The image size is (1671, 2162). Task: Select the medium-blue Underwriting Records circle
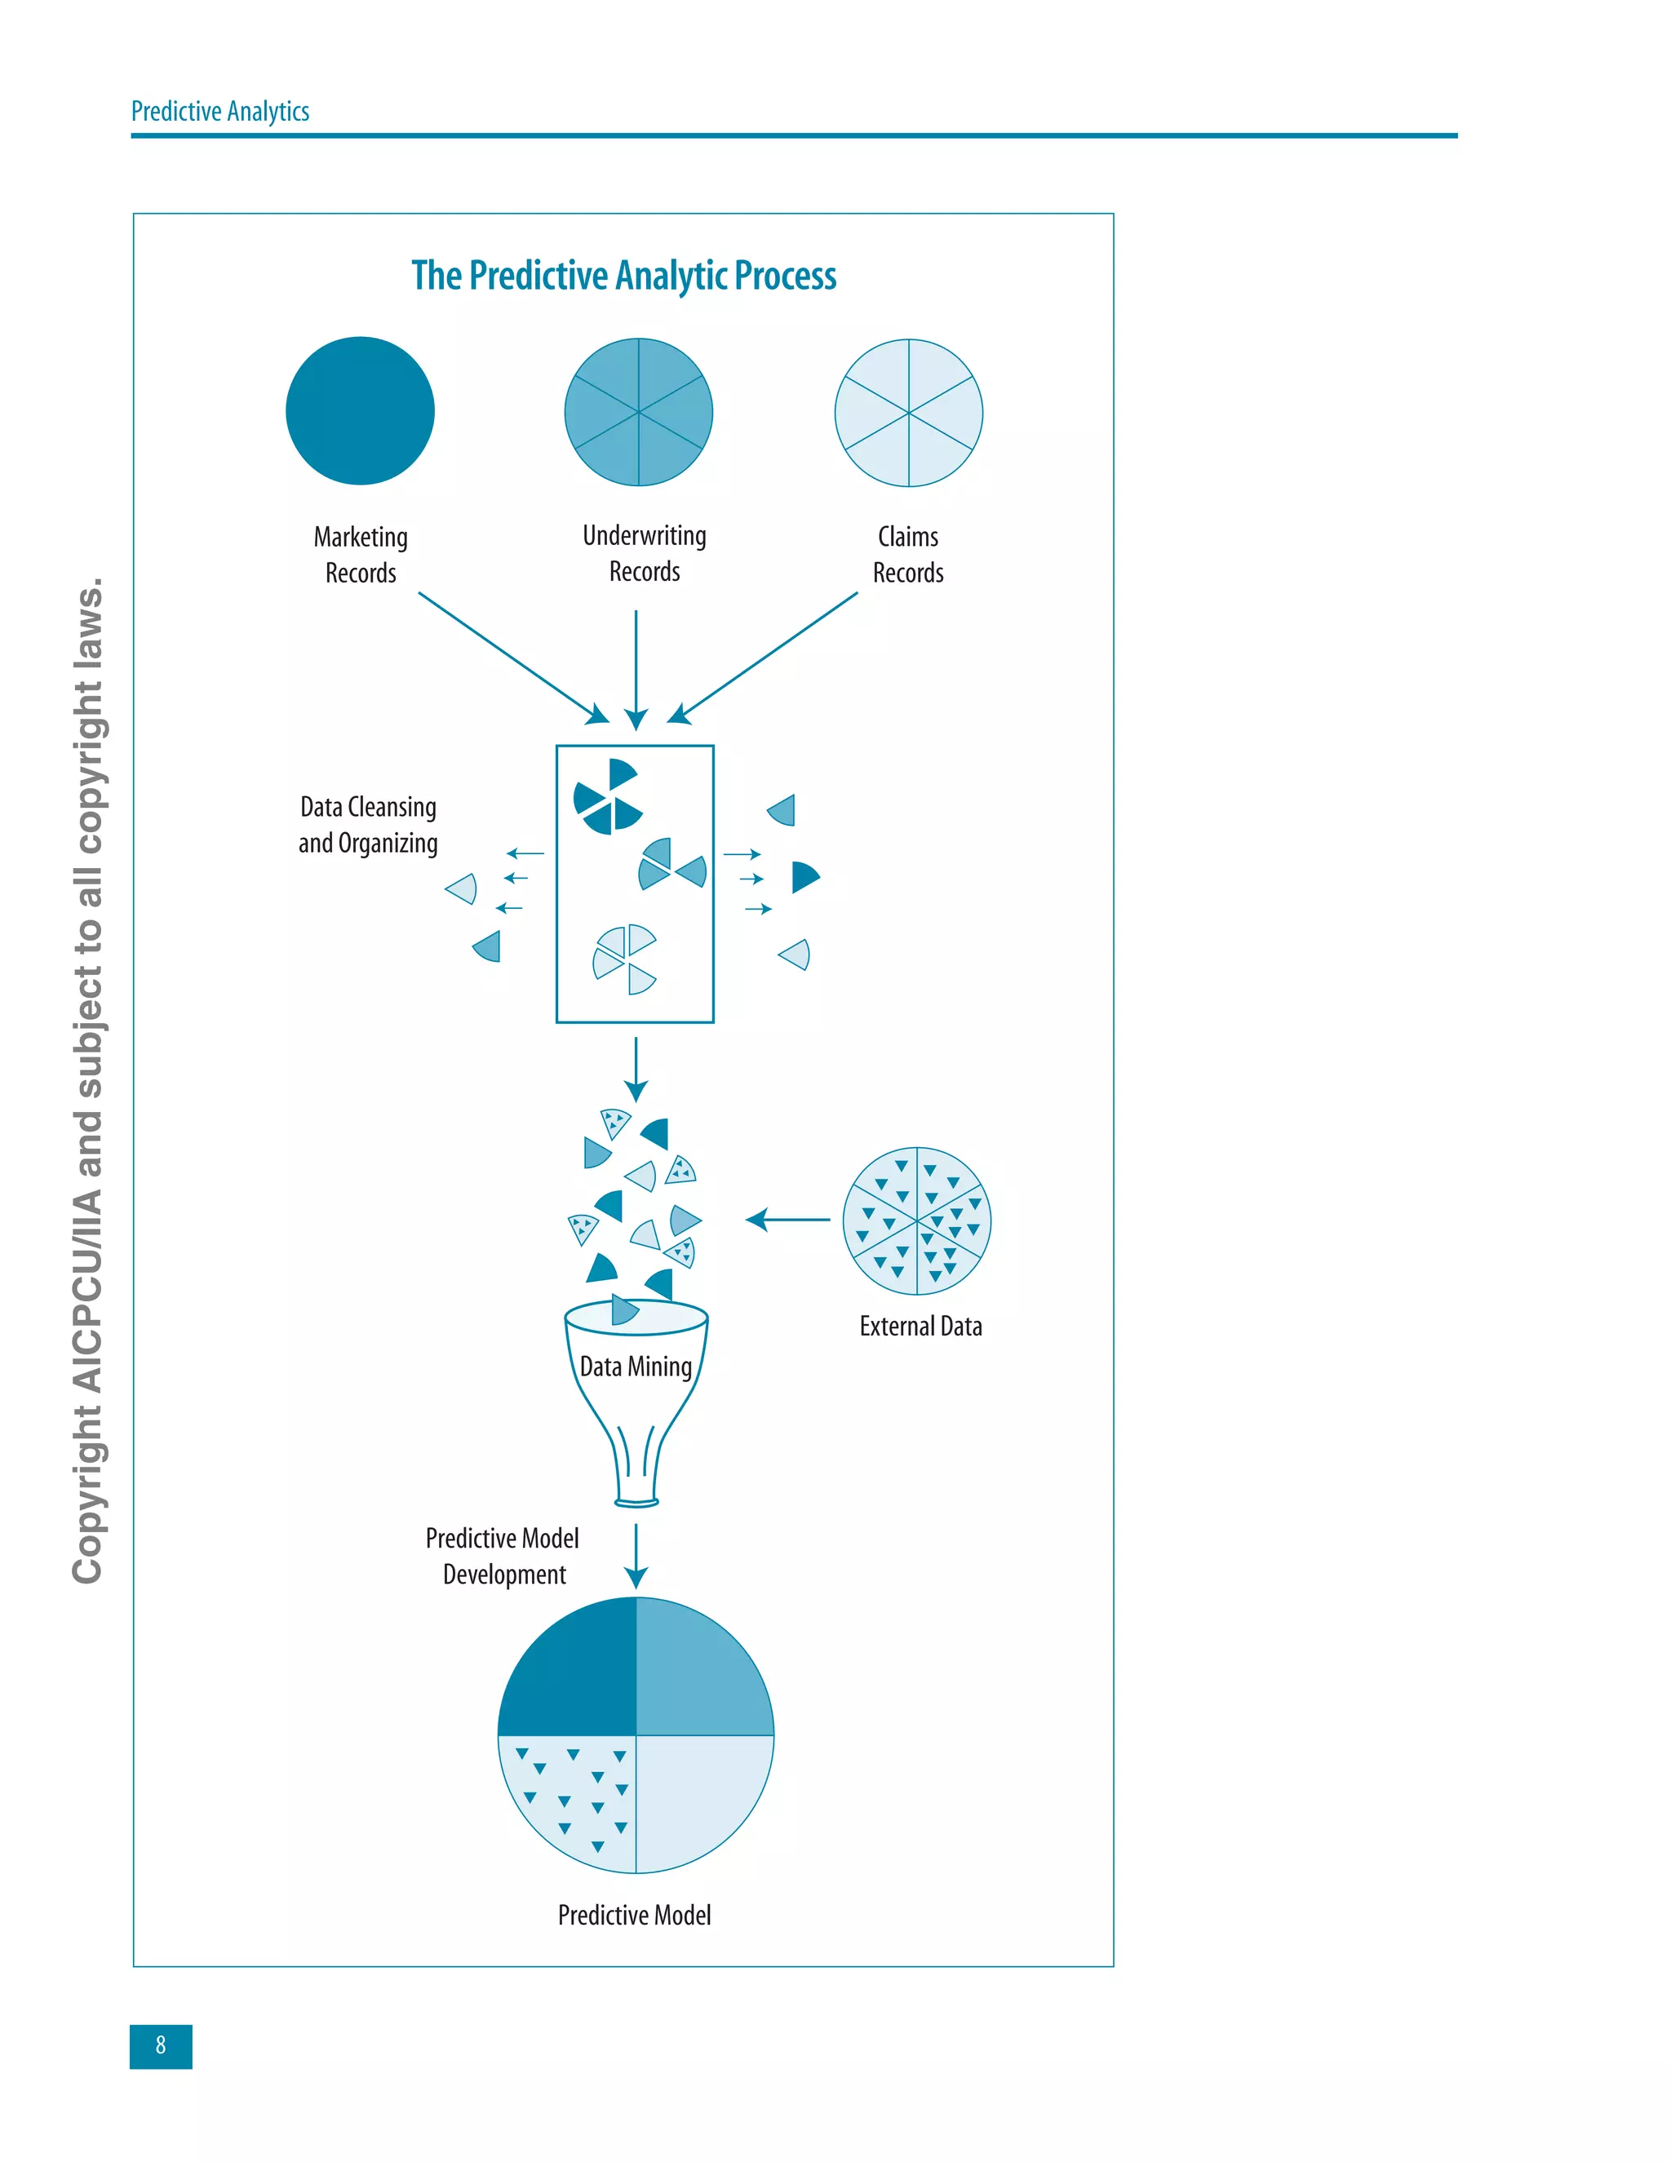tap(639, 412)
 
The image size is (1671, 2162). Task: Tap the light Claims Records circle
tap(908, 413)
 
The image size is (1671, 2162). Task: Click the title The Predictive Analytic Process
tap(623, 275)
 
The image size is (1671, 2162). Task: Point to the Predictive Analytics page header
tap(219, 111)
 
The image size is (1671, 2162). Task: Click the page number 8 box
tap(161, 2045)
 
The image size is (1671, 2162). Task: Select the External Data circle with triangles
tap(916, 1221)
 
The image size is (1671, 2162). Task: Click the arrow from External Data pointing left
tap(788, 1220)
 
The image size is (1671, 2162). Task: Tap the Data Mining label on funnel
tap(636, 1367)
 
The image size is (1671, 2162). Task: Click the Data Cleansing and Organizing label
tap(367, 825)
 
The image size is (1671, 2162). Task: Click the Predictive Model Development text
tap(503, 1556)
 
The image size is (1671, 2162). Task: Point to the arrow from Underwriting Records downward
tap(636, 668)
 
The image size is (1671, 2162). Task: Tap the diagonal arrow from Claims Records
tap(765, 656)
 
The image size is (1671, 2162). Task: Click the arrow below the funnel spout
tap(636, 1555)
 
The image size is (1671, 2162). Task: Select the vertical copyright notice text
tap(88, 1079)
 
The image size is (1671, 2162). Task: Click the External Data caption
tap(920, 1327)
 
